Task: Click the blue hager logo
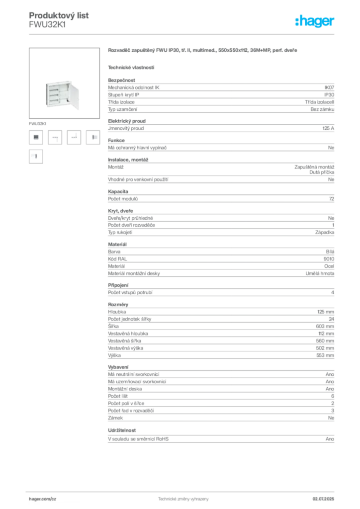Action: click(315, 22)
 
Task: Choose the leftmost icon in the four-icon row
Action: click(36, 137)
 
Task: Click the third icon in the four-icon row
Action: click(75, 137)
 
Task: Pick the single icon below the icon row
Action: click(35, 156)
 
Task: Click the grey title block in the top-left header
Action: click(59, 20)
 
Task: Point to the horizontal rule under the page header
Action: click(182, 34)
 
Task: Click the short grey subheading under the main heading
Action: click(131, 67)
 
